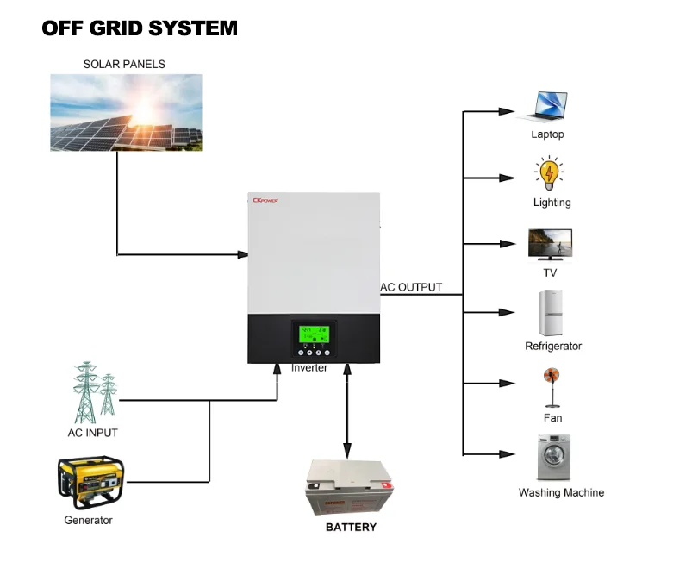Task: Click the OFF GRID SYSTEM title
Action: click(140, 28)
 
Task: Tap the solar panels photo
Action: click(126, 113)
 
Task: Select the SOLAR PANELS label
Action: click(124, 65)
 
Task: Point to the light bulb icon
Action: click(548, 174)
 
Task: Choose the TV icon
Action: click(550, 244)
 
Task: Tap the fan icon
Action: click(552, 387)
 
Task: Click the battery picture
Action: click(347, 487)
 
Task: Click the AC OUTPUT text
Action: click(412, 288)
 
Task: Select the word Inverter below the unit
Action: click(309, 368)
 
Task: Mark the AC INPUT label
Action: click(93, 433)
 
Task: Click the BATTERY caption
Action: click(351, 527)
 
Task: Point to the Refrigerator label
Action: click(553, 347)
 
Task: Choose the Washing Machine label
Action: click(561, 493)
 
